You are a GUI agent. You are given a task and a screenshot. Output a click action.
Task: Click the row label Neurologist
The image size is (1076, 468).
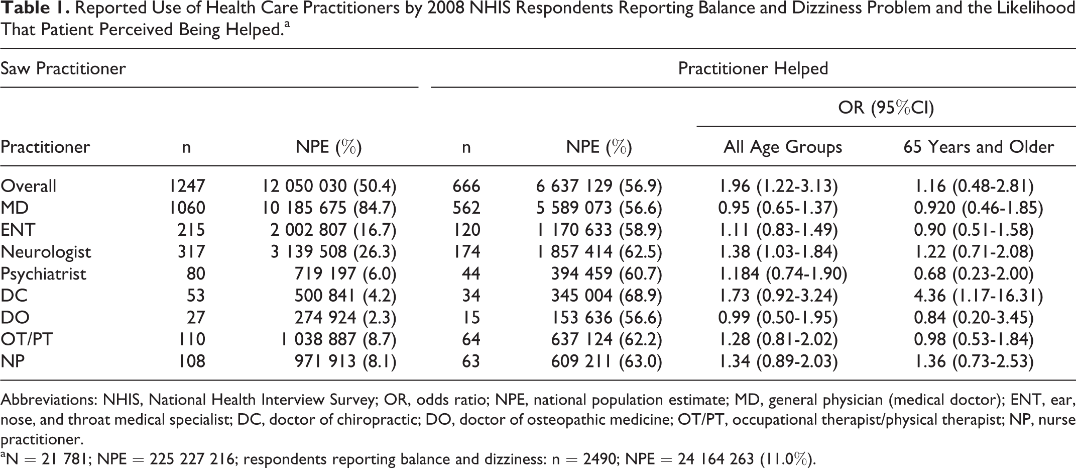click(x=46, y=252)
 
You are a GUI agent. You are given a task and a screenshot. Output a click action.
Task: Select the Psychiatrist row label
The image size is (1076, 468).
click(x=43, y=274)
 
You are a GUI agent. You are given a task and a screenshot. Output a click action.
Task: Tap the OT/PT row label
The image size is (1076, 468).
click(x=27, y=339)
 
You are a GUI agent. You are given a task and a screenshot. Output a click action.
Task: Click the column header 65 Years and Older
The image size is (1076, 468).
click(x=979, y=147)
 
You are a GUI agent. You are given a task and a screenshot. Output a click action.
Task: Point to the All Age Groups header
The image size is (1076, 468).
click(x=783, y=147)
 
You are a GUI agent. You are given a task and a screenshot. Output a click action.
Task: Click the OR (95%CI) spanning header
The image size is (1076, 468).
click(x=886, y=108)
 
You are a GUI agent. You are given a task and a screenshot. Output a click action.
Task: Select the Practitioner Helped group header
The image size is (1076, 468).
click(x=753, y=68)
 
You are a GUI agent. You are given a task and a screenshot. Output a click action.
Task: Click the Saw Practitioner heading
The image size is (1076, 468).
click(x=63, y=68)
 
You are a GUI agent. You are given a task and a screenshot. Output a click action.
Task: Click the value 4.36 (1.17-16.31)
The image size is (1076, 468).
click(x=979, y=296)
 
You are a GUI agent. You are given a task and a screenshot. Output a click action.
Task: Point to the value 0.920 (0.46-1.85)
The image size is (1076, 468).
click(x=979, y=208)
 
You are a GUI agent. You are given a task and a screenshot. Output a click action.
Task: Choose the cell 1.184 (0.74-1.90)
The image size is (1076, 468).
click(x=783, y=274)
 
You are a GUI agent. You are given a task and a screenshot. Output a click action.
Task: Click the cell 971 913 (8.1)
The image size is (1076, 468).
click(x=345, y=361)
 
